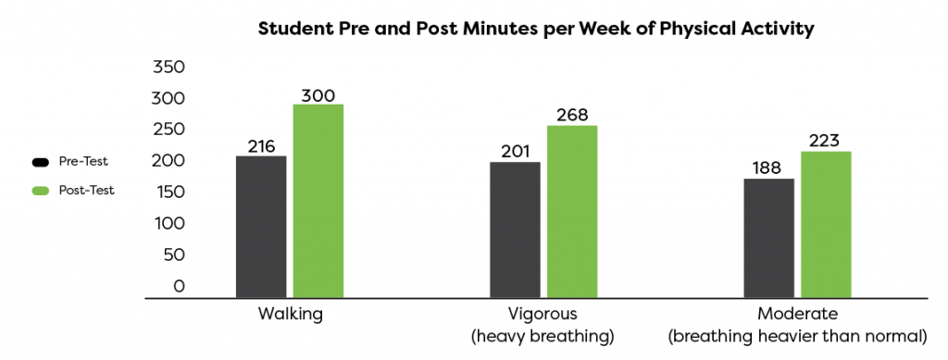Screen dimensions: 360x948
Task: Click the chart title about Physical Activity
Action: coord(536,29)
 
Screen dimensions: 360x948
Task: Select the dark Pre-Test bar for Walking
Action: coord(261,227)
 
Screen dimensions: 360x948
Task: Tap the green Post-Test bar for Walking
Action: coord(318,201)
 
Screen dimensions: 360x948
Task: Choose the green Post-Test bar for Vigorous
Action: coord(572,212)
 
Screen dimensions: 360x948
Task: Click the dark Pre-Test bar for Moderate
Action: coord(769,238)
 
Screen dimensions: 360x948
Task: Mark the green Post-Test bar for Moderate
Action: coord(826,225)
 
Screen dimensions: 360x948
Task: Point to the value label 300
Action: coord(318,94)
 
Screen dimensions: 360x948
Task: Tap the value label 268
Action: coord(572,116)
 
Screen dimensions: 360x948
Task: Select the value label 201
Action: coord(516,152)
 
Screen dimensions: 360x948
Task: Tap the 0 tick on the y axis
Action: coord(179,287)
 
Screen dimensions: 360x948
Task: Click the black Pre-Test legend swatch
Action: coord(40,162)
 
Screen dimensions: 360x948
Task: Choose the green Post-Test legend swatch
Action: coord(40,191)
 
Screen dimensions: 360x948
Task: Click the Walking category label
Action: coord(291,314)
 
